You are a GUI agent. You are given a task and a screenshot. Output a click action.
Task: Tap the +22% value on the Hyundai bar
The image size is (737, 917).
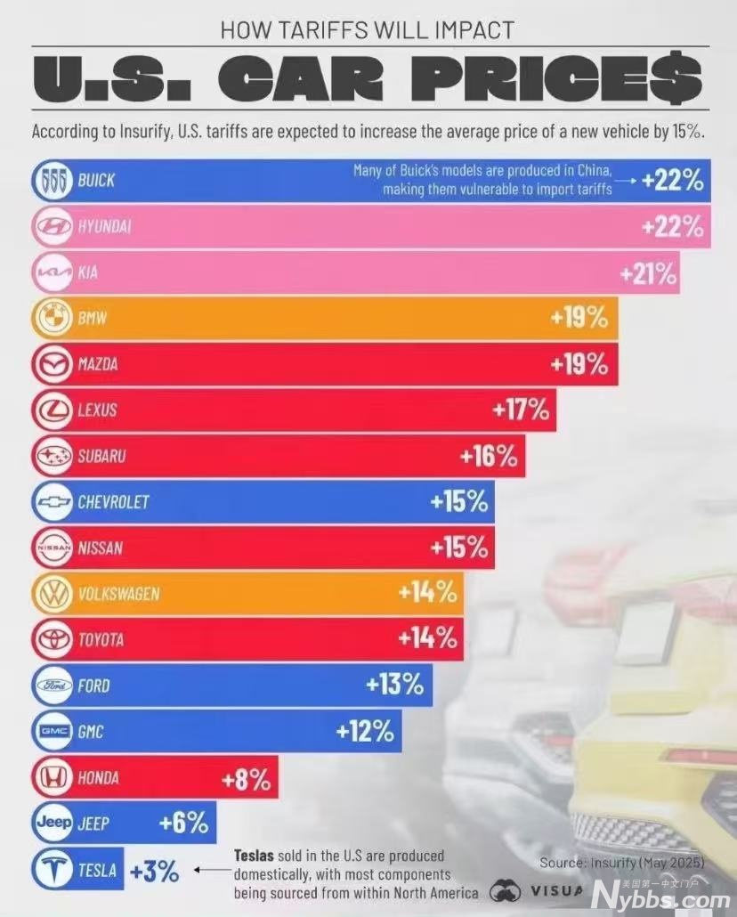(x=672, y=227)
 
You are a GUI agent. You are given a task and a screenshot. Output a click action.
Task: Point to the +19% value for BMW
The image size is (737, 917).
(x=579, y=318)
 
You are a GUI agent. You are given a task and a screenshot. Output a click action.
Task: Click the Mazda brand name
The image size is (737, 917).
(x=97, y=365)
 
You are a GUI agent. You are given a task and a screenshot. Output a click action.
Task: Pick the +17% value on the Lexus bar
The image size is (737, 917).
(x=521, y=410)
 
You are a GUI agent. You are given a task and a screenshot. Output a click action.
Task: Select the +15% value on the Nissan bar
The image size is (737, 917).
(x=459, y=548)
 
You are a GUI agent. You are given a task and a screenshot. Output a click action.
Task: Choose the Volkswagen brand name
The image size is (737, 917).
(x=118, y=594)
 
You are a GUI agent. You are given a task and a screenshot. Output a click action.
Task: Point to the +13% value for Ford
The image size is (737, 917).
(x=395, y=686)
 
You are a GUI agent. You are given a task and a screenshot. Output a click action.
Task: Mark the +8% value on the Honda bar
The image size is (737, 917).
(x=246, y=780)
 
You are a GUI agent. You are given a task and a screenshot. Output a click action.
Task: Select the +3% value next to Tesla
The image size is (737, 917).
(x=154, y=872)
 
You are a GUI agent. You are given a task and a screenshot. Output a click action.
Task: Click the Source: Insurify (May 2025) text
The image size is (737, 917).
(x=622, y=863)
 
